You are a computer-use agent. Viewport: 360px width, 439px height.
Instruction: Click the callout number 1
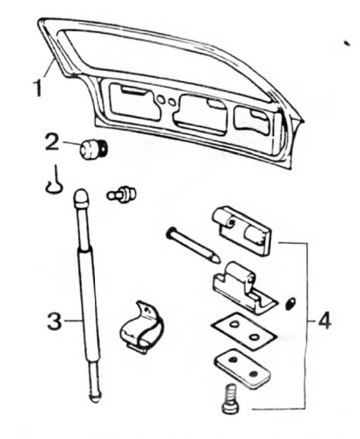(x=38, y=88)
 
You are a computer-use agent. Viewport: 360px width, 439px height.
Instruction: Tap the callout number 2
(x=52, y=143)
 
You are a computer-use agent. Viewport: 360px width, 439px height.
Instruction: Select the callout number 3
(x=55, y=321)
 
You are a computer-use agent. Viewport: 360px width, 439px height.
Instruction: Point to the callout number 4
(x=324, y=321)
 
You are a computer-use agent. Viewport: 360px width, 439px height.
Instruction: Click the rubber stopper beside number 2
(x=93, y=148)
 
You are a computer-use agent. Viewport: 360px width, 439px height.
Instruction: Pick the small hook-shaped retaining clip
(x=55, y=180)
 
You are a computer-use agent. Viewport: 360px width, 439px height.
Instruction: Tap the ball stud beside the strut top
(x=121, y=194)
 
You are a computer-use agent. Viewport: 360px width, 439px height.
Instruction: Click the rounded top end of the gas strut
(x=81, y=198)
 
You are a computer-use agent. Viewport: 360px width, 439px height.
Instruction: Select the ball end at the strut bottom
(x=95, y=396)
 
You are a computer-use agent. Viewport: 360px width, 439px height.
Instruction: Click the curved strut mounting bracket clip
(x=142, y=328)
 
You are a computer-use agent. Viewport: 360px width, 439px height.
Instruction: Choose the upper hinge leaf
(x=242, y=230)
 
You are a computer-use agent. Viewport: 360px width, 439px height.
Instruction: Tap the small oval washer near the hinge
(x=291, y=304)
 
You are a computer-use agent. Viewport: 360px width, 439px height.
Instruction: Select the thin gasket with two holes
(x=244, y=331)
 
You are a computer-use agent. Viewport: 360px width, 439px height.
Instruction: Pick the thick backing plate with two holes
(x=243, y=369)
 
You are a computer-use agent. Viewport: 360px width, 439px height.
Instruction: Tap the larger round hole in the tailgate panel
(x=161, y=99)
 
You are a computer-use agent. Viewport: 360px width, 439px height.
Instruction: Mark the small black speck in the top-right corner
(x=346, y=43)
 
